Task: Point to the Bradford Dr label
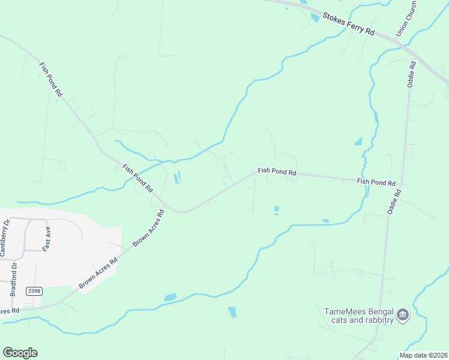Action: point(13,279)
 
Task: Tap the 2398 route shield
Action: point(35,291)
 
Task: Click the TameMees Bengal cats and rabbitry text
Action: point(359,316)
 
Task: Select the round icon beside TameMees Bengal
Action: point(403,314)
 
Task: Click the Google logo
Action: point(20,353)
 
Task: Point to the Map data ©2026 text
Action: point(423,355)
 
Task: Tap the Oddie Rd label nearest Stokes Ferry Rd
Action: point(412,74)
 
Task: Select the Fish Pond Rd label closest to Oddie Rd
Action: point(376,182)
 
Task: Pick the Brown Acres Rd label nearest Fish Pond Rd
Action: point(148,228)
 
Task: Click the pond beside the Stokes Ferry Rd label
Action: point(315,17)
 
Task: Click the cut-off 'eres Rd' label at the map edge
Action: point(10,311)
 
